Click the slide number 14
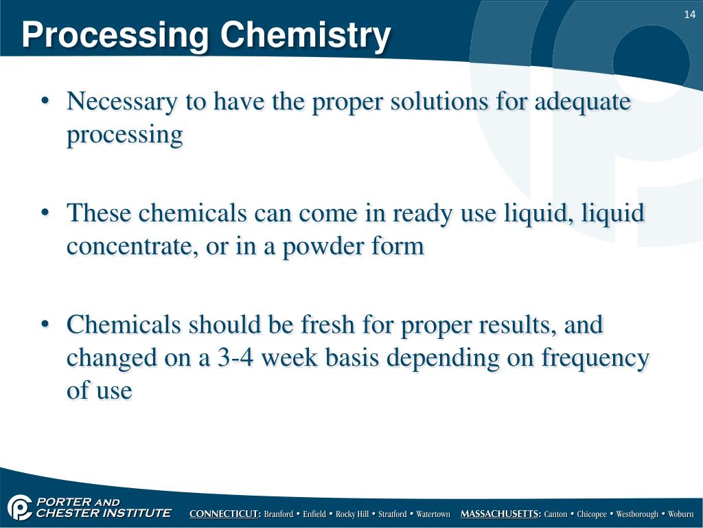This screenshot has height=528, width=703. (690, 15)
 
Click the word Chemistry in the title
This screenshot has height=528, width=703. (306, 35)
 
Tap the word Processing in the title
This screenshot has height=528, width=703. (115, 35)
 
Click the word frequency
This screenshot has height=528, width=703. (595, 357)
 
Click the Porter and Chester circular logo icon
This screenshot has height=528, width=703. (20, 508)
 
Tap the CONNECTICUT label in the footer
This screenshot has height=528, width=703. (224, 514)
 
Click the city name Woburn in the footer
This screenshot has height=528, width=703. (681, 514)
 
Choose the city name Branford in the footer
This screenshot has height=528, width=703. (279, 514)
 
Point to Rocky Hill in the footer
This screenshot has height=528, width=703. (352, 514)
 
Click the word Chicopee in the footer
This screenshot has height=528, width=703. (591, 514)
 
